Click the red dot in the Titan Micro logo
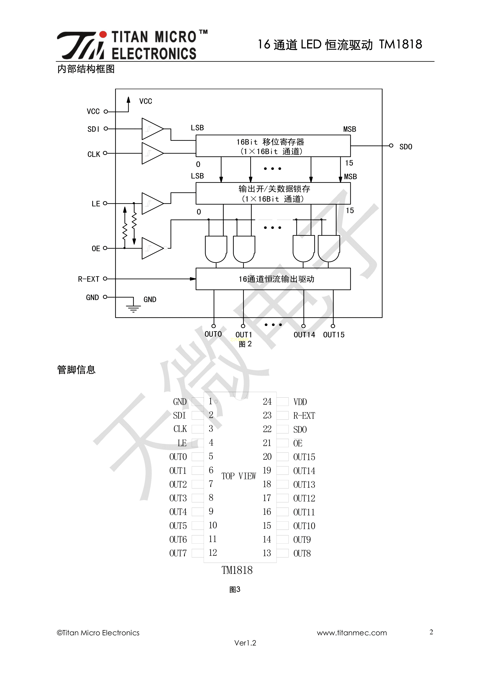click(103, 35)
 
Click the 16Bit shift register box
click(273, 146)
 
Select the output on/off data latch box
click(273, 193)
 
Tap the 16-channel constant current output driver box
click(273, 279)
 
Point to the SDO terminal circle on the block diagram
click(391, 145)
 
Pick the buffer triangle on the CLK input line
click(152, 153)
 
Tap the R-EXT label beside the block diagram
click(89, 279)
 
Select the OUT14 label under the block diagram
click(304, 335)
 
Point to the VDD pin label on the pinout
click(300, 402)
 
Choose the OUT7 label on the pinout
click(178, 553)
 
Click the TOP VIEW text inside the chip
click(239, 476)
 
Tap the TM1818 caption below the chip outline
click(237, 570)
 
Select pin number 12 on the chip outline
click(213, 552)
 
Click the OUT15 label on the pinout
click(304, 457)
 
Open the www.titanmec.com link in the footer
click(352, 633)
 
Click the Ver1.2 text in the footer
click(245, 643)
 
